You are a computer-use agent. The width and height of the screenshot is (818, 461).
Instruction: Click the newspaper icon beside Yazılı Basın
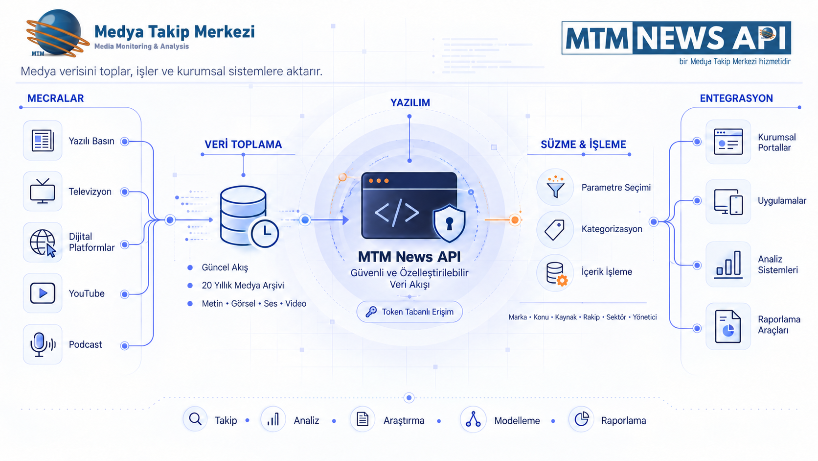[43, 141]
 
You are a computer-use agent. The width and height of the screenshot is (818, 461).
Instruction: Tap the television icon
[43, 191]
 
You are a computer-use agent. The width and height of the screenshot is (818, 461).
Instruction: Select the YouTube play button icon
[43, 293]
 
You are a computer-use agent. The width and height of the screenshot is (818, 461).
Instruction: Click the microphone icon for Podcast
[43, 344]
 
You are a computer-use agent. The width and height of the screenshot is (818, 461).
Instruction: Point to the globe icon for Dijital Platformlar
[43, 243]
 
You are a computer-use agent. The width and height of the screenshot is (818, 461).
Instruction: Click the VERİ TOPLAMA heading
[243, 145]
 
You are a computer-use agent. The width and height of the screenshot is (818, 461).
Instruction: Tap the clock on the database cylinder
[264, 233]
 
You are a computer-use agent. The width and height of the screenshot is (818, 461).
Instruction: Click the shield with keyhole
[449, 223]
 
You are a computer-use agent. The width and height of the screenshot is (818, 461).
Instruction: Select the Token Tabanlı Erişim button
[409, 312]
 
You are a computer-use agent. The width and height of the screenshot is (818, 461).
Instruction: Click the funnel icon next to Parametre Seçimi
[555, 187]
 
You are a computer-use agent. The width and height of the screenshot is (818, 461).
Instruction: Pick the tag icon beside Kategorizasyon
[554, 230]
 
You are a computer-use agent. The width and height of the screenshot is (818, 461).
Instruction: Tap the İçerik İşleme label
[607, 271]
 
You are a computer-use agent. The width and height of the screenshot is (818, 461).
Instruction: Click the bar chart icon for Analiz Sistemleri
[728, 264]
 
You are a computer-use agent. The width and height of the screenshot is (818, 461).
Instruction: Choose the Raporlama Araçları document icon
[728, 326]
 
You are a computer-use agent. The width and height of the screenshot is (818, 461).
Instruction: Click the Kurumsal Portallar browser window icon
[728, 142]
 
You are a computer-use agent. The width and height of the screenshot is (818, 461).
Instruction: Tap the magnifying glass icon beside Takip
[195, 419]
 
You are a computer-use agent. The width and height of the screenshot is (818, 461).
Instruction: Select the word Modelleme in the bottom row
[517, 421]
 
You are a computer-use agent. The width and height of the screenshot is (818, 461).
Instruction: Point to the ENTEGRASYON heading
[736, 98]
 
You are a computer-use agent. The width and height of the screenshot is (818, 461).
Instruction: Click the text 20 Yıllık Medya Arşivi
[243, 286]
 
